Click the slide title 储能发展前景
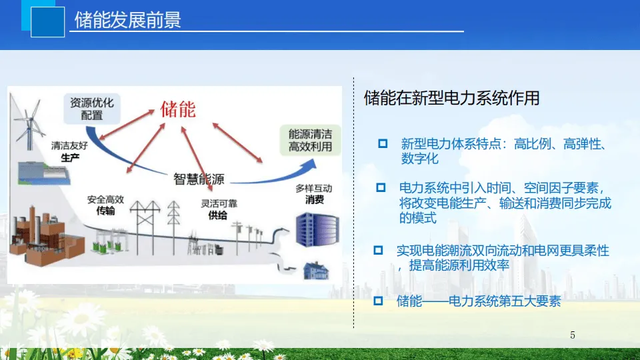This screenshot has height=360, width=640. click(127, 21)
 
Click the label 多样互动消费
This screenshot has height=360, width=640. click(313, 194)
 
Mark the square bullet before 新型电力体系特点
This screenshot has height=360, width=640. click(383, 143)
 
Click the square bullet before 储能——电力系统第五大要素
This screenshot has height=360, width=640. click(378, 301)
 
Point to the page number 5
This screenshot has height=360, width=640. click(573, 335)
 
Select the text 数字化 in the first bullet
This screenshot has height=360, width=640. click(420, 159)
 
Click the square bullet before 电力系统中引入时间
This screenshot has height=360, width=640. click(381, 187)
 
